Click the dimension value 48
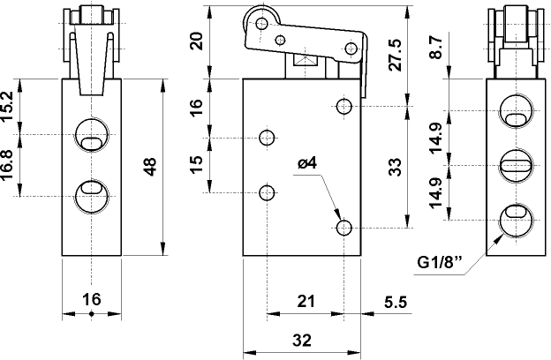click(150, 166)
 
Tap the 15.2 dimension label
click(8, 106)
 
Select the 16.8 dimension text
click(8, 164)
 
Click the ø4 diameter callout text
click(307, 163)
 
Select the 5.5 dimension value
click(395, 302)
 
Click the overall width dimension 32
click(302, 338)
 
